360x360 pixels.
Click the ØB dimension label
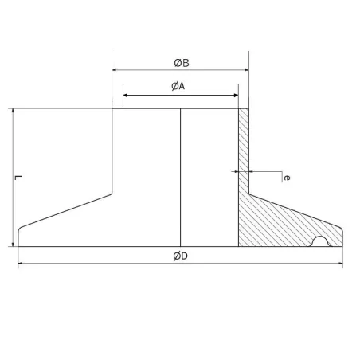(x=181, y=62)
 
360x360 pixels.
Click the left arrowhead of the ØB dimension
(x=115, y=70)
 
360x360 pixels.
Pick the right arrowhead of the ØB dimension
(x=246, y=70)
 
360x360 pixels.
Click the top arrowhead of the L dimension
(x=14, y=112)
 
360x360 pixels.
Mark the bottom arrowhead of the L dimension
(x=14, y=243)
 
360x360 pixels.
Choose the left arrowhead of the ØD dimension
(x=22, y=262)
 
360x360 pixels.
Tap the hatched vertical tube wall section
(x=244, y=151)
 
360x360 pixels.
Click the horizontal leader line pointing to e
(x=266, y=171)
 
